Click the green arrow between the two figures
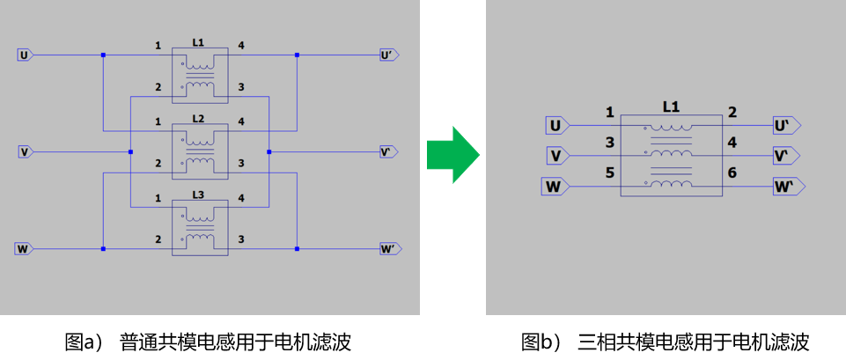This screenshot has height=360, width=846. pyautogui.click(x=452, y=154)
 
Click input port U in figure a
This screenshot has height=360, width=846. pyautogui.click(x=26, y=55)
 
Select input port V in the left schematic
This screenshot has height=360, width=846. pyautogui.click(x=26, y=152)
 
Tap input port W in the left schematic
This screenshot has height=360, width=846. pyautogui.click(x=24, y=249)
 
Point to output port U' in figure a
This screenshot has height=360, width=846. pyautogui.click(x=388, y=55)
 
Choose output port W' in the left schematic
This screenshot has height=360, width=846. pyautogui.click(x=388, y=249)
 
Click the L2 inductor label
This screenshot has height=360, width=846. pyautogui.click(x=198, y=118)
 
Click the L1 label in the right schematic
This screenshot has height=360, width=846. pyautogui.click(x=671, y=107)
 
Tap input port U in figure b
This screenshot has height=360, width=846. pyautogui.click(x=556, y=126)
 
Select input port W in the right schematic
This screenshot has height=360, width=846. pyautogui.click(x=555, y=186)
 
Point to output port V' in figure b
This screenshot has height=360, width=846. pyautogui.click(x=785, y=156)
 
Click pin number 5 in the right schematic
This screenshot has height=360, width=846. pyautogui.click(x=609, y=173)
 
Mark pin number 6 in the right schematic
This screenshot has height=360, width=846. pyautogui.click(x=732, y=173)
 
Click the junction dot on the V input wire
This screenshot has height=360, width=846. pyautogui.click(x=130, y=152)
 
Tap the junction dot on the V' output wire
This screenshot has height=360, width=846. pyautogui.click(x=269, y=152)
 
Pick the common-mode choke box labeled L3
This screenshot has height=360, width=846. pyautogui.click(x=200, y=228)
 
